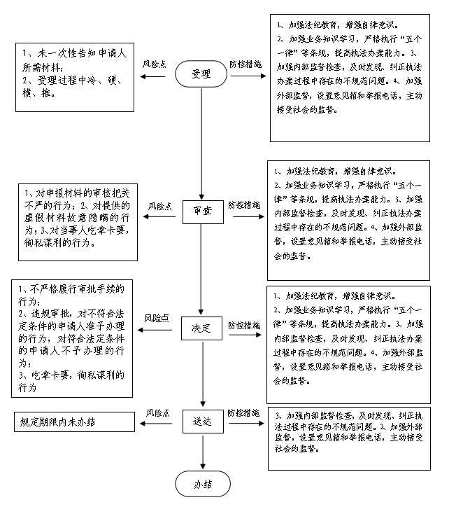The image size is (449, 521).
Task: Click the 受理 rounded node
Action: [x=201, y=74]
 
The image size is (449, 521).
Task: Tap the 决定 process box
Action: [x=202, y=328]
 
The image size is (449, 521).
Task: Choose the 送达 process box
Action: [x=202, y=422]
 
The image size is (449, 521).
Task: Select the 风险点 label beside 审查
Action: [x=159, y=207]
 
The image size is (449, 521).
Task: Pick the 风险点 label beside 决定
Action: [x=157, y=318]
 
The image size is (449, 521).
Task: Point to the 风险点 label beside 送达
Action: [x=157, y=412]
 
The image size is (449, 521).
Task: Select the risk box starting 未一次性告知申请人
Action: [x=76, y=76]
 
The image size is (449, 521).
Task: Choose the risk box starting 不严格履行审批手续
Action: [x=73, y=337]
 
